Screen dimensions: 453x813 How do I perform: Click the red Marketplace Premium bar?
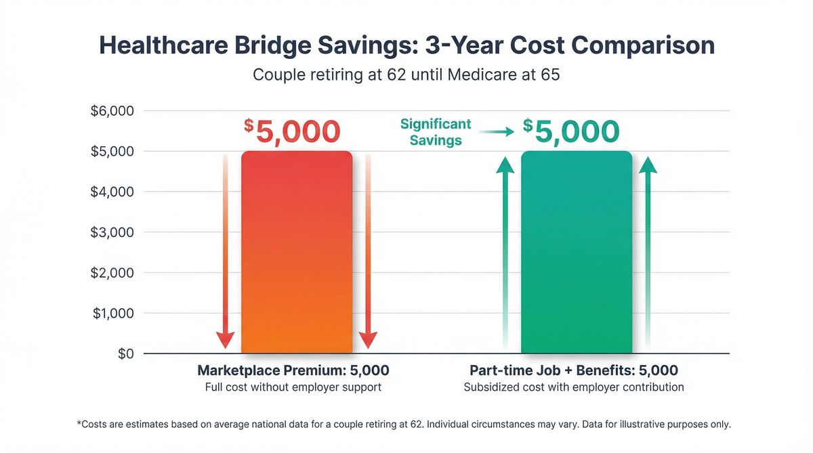pos(297,252)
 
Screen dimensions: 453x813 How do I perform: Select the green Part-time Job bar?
pos(576,252)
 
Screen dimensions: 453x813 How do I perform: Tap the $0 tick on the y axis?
pos(125,354)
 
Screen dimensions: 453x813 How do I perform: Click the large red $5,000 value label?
pos(292,131)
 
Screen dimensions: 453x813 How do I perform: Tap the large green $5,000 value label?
pos(571,131)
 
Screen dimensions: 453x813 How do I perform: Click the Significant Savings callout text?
pos(436,132)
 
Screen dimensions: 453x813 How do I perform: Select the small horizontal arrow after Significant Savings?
pos(501,133)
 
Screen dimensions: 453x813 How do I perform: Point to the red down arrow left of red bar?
pos(225,251)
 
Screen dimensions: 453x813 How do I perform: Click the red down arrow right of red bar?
pos(368,251)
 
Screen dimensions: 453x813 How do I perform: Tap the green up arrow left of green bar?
pos(505,251)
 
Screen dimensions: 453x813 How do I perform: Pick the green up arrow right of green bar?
pos(648,251)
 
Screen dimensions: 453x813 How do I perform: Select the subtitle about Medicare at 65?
pos(406,74)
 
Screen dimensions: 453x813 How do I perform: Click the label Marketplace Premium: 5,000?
pos(293,370)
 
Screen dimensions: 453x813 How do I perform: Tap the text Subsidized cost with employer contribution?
pos(574,387)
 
